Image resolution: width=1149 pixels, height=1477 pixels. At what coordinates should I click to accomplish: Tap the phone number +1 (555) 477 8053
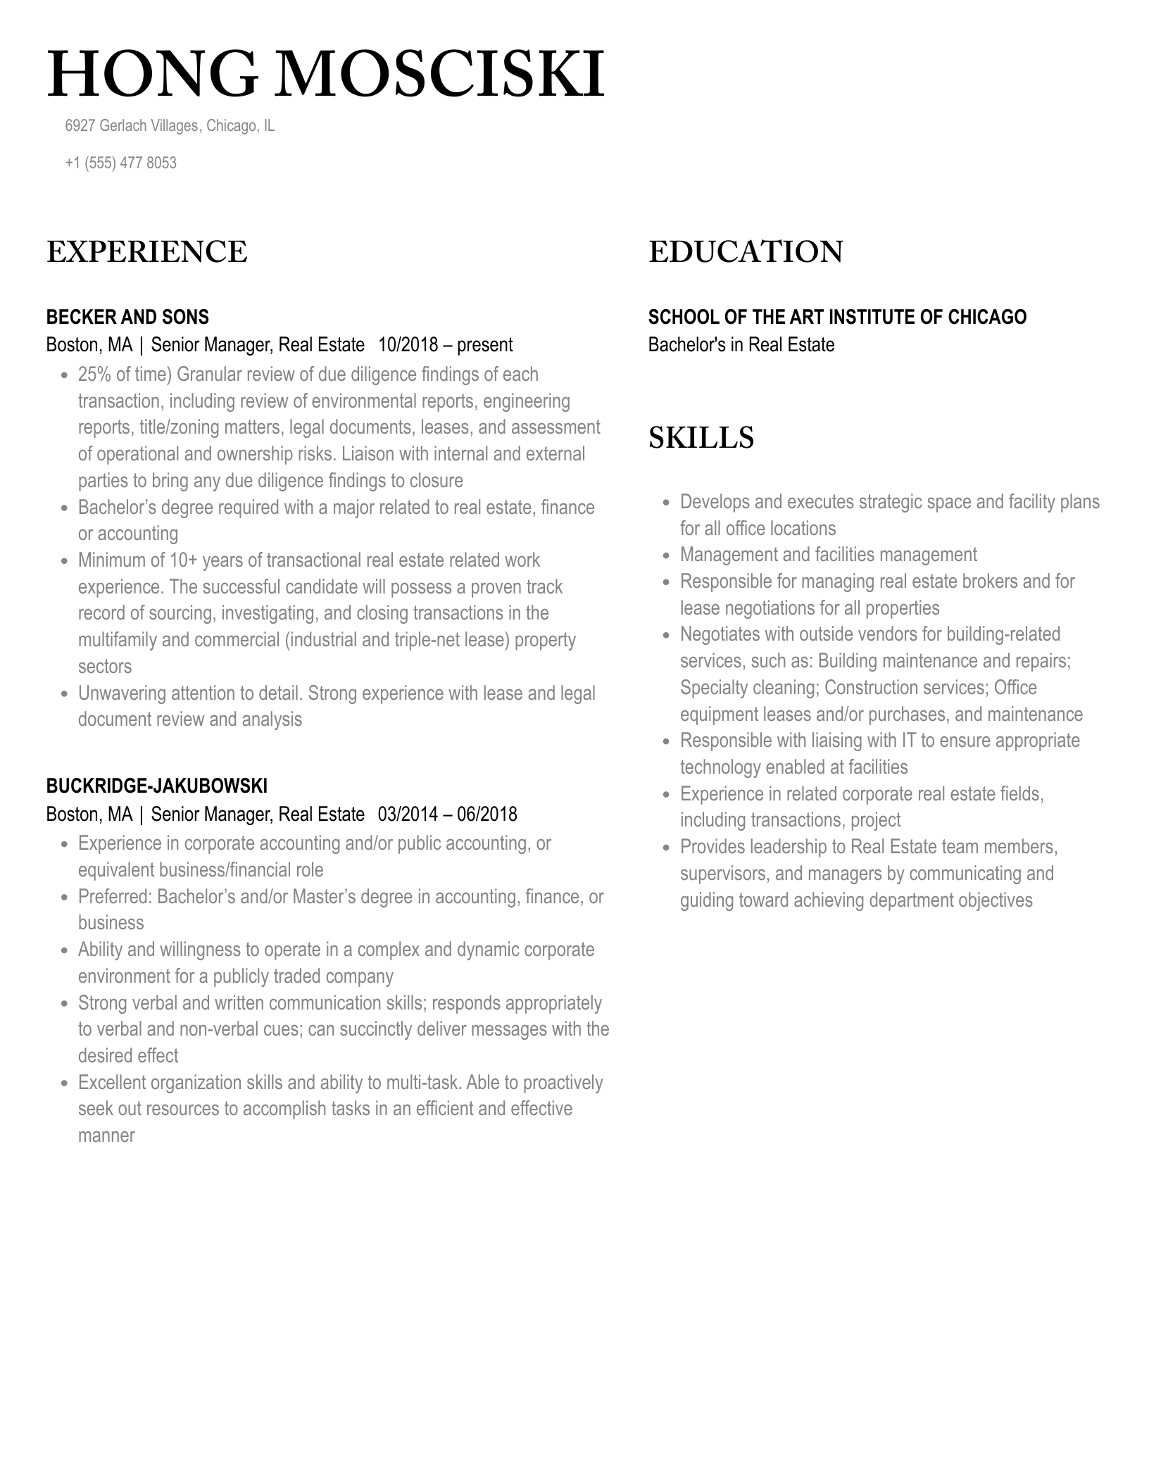point(120,163)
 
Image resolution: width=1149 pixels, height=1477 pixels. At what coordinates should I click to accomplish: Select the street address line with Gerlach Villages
point(169,126)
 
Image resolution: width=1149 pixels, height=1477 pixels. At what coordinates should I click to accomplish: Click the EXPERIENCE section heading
point(146,252)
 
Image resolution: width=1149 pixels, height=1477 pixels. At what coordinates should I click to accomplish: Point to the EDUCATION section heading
point(745,252)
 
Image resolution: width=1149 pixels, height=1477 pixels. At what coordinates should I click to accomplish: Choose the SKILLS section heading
point(701,438)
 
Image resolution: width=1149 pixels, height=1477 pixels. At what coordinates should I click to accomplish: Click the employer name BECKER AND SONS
point(127,317)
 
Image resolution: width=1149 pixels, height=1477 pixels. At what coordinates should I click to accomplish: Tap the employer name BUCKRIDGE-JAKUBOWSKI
point(156,786)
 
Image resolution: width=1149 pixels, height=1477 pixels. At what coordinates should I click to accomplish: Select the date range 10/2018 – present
point(445,345)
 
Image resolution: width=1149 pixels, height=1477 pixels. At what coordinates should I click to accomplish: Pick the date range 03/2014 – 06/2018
point(447,815)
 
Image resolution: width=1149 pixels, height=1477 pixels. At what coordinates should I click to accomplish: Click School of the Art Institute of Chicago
point(836,317)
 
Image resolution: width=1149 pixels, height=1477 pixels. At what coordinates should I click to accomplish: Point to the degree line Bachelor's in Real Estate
point(741,345)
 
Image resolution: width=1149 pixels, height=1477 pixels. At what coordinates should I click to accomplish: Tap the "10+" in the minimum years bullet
point(184,560)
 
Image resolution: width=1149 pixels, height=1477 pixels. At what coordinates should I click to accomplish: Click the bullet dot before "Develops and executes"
point(666,503)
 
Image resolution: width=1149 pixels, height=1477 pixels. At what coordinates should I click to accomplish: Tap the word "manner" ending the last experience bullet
point(106,1136)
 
